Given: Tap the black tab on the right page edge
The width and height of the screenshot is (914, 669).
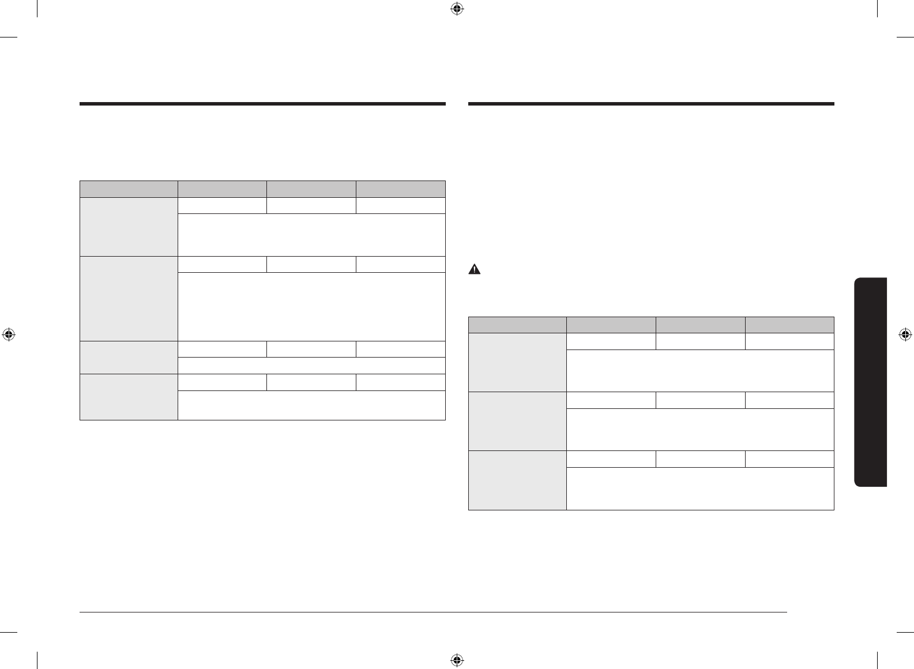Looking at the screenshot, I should pos(871,382).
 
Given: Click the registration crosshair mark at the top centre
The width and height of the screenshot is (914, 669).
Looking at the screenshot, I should pos(457,9).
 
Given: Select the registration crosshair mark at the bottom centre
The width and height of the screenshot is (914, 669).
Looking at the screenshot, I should pos(457,660).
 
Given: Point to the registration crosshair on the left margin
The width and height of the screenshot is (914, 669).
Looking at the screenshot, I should pos(8,334).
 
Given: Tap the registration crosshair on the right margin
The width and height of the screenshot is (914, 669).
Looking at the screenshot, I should pos(905,334).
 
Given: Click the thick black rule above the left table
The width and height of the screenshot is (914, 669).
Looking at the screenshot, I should pos(262,104).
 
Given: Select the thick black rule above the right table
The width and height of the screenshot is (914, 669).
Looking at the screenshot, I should pos(651,104).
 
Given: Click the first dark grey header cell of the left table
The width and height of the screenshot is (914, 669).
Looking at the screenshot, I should pos(129,189).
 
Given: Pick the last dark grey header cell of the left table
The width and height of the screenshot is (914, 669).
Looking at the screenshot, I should pos(401,189).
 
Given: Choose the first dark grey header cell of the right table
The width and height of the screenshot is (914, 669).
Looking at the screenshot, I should pos(517,325).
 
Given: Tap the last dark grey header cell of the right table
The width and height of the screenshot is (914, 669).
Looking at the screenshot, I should pos(789,325).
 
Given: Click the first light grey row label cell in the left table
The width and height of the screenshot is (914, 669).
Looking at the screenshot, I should pos(129,227).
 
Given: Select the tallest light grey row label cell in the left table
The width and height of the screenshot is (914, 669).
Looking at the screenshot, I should pos(129,298).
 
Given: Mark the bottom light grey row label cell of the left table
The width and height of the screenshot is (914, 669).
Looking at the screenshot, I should pos(129,397).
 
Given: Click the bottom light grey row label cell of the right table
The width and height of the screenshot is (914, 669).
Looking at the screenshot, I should pos(517,480).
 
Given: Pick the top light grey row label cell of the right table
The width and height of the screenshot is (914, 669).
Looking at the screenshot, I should pos(517,362).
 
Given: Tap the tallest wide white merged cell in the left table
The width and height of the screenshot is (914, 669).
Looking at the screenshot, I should pos(312,306).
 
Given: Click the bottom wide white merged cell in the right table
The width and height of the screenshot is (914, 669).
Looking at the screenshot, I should pos(700,488).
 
